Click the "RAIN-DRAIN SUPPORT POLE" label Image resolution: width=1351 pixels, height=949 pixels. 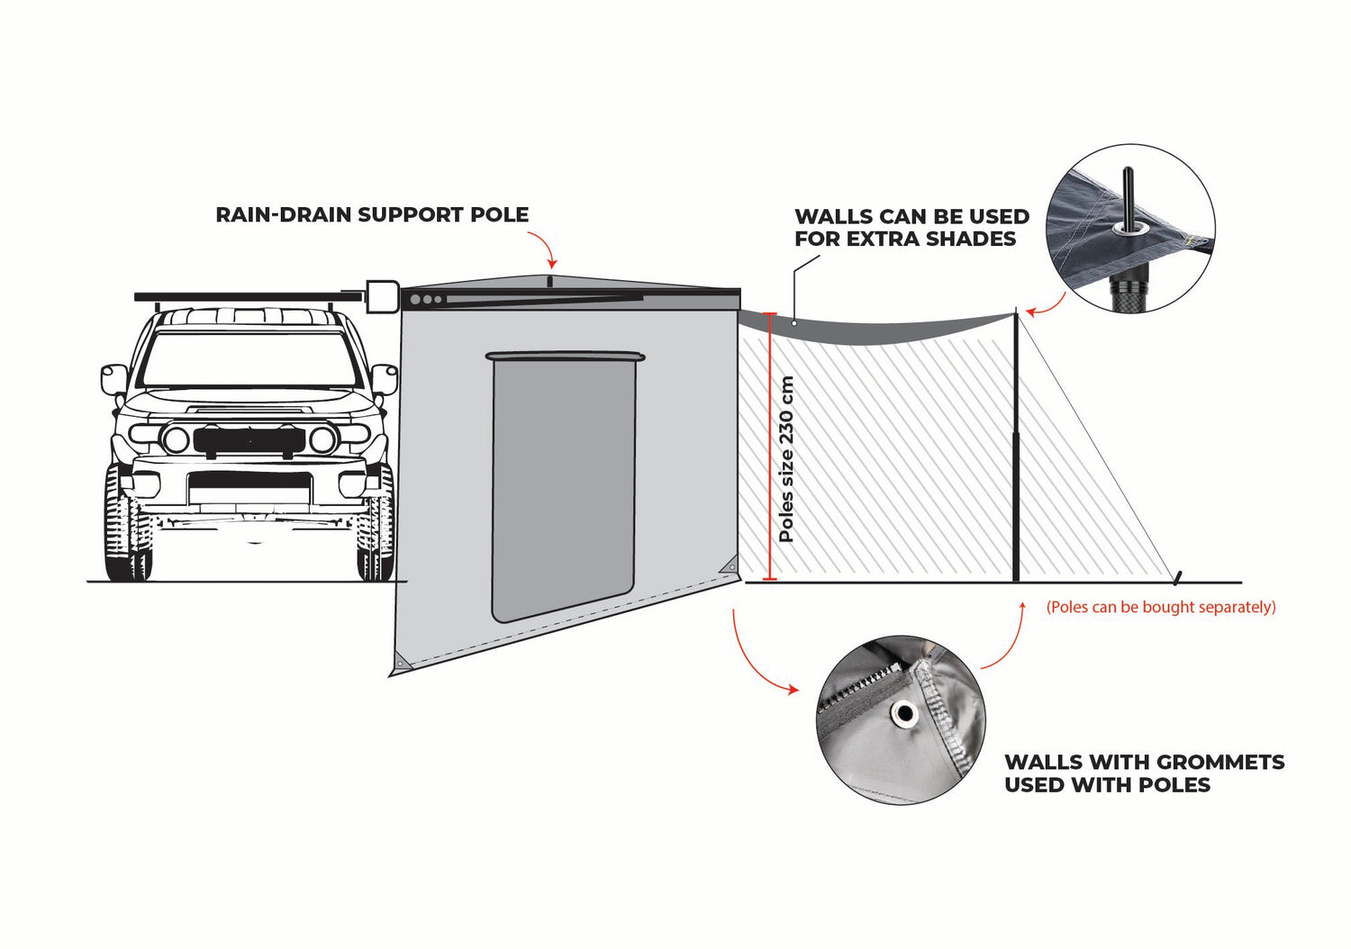point(372,215)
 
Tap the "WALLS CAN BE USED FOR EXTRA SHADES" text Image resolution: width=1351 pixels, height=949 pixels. point(911,228)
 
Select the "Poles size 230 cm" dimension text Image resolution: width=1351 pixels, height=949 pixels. point(786,458)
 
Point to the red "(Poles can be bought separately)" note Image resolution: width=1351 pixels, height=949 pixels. point(1160,607)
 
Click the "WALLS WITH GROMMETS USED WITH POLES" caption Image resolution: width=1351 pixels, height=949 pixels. point(1144,773)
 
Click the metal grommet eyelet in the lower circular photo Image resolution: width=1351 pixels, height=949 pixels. point(903,715)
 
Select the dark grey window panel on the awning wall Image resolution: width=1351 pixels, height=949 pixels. point(563,486)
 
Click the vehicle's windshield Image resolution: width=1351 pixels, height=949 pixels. point(249,360)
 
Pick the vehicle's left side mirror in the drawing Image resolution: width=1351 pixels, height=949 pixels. point(113,379)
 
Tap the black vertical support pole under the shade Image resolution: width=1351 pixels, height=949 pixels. point(1017,450)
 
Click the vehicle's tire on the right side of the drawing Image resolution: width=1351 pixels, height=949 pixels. point(376,531)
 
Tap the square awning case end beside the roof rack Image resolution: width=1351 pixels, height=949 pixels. point(382,296)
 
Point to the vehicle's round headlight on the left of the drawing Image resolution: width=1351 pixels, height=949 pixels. point(175,440)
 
